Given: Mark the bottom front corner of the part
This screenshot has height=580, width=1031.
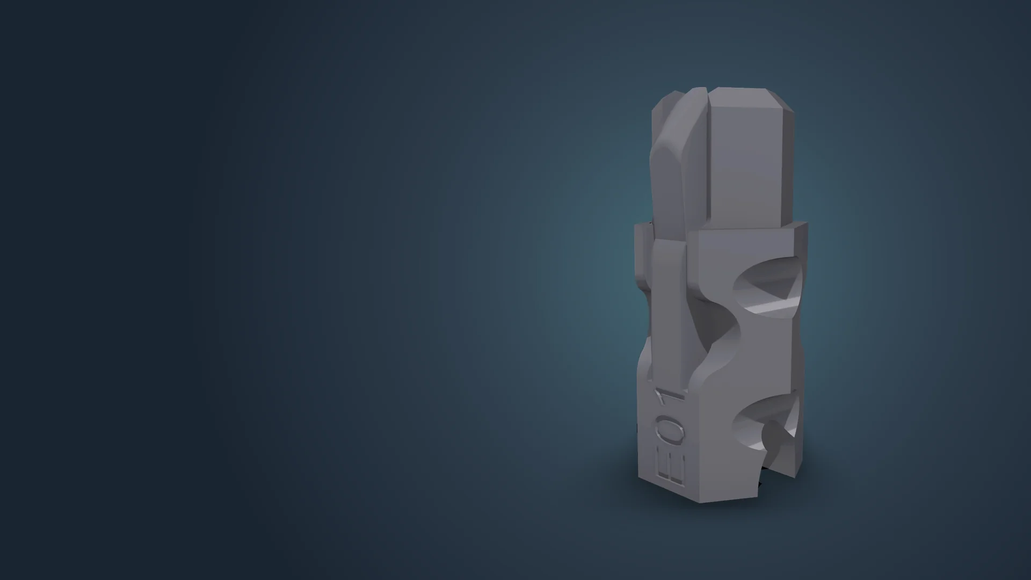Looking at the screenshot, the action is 700,503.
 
